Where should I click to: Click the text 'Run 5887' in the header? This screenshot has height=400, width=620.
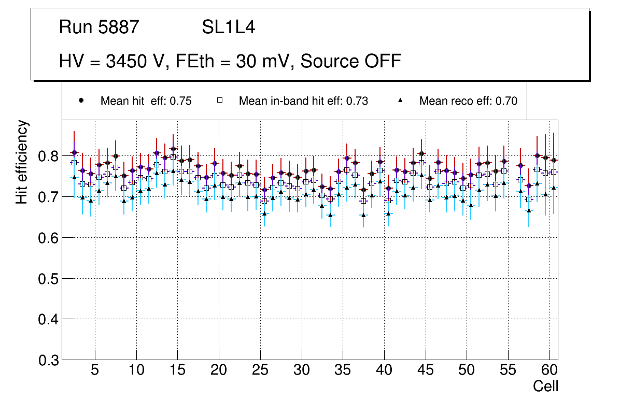coord(99,27)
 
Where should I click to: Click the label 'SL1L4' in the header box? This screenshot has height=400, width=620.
coord(228,27)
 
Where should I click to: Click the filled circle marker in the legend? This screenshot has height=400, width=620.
coord(81,101)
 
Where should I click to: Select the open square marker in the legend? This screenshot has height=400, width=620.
coord(219,101)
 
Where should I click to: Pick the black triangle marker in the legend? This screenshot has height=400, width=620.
coord(400,101)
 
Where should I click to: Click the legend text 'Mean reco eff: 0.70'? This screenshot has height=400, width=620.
coord(468,101)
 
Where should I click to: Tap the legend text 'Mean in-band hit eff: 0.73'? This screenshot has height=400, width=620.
coord(303,101)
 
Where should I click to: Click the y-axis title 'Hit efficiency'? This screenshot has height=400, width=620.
coord(22,162)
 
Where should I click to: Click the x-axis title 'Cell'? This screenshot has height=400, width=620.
coord(546,386)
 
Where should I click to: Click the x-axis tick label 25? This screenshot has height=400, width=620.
coord(260,371)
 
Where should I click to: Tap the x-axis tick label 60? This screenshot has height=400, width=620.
coord(549,371)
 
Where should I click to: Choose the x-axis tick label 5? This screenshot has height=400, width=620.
coord(95,371)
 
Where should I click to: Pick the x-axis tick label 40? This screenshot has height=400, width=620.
coord(384,371)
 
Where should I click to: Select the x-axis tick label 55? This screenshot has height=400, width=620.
coord(508,371)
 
